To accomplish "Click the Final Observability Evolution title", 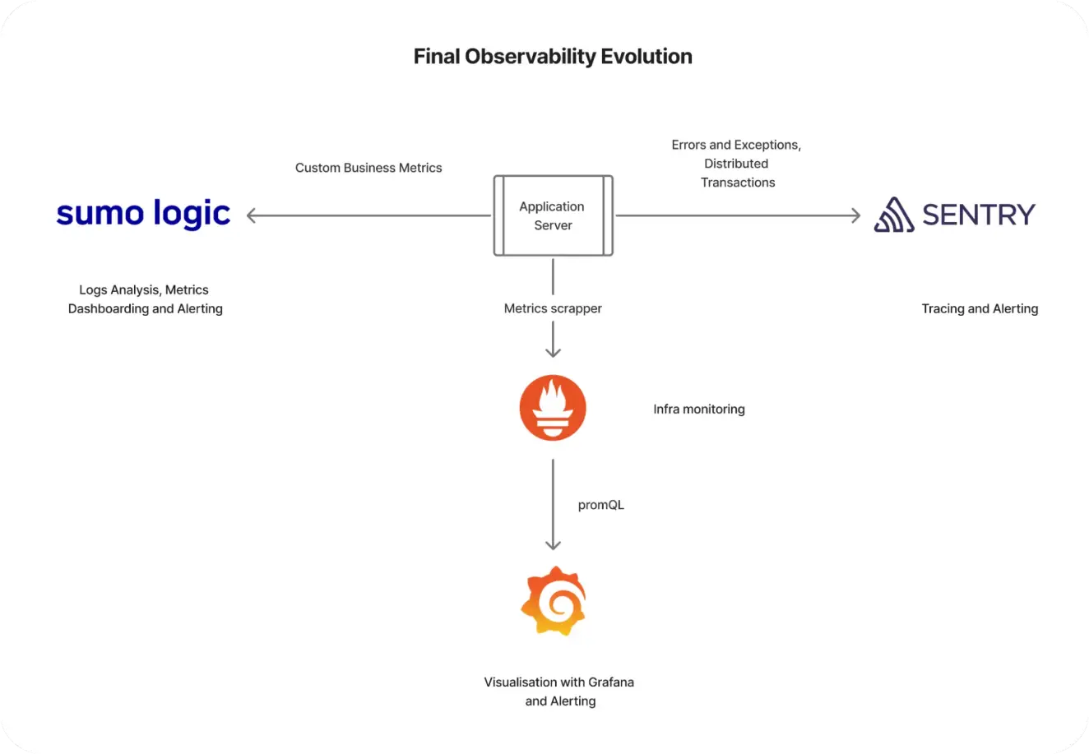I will (552, 57).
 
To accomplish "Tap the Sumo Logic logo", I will (143, 214).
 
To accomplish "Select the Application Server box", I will (553, 215).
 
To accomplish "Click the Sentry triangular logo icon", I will (893, 215).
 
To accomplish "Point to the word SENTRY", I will (979, 215).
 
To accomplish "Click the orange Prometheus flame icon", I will (553, 408).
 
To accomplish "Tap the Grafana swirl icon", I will (553, 601).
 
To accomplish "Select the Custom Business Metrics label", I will (368, 168).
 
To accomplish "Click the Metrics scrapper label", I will (553, 308).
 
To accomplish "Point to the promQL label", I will (600, 505).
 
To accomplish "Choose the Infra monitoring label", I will (699, 409).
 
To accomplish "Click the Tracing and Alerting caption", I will (980, 308).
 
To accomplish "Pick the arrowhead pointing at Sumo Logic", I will (252, 215).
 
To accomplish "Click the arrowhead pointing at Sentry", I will (855, 215).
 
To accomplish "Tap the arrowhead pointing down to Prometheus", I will (553, 352).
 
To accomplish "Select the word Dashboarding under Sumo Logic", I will (108, 309).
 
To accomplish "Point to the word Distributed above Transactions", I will (736, 164).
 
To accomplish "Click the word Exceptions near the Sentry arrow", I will (768, 145).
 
